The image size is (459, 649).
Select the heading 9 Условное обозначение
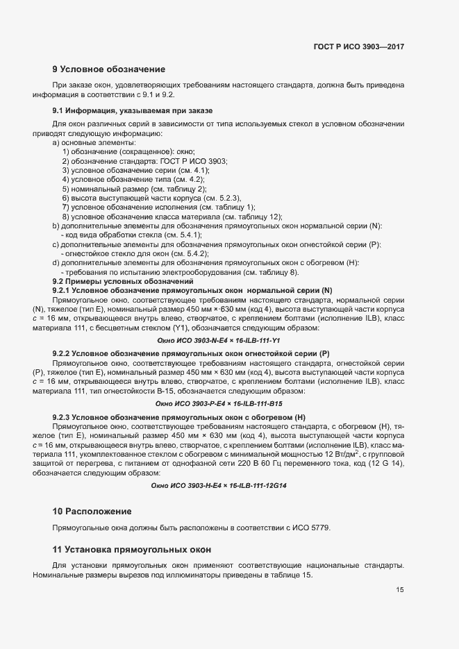coord(108,69)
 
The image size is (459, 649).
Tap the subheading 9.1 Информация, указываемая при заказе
coord(132,111)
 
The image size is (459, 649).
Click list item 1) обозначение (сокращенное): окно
coord(128,151)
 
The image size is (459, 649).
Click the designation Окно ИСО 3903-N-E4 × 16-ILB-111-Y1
coord(218,340)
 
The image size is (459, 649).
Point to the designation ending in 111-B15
coord(218,403)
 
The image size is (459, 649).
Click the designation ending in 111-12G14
coord(218,485)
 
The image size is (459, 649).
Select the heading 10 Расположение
coord(92,511)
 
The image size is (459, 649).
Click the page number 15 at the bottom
coord(400,590)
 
